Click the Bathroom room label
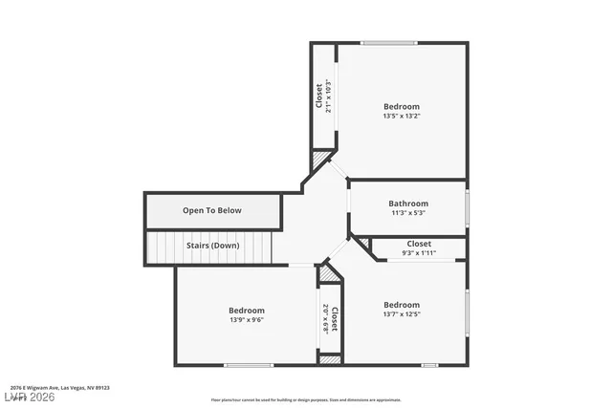[408, 203]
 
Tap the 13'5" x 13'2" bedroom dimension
[402, 116]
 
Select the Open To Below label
[212, 210]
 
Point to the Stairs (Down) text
[212, 245]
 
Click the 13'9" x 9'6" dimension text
[247, 320]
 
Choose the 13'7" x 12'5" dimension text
[402, 313]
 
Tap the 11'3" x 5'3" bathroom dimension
[408, 213]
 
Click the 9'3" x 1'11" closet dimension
[419, 253]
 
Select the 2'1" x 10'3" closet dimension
[328, 97]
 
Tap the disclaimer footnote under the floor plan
[306, 399]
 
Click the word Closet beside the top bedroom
[318, 97]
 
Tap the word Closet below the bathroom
[419, 244]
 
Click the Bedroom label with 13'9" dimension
[247, 310]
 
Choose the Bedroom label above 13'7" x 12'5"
[402, 304]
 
